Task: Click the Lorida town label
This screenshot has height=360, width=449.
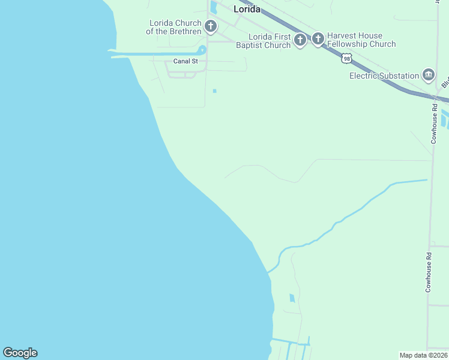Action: pos(246,9)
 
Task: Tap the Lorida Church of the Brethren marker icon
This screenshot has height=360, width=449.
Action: pos(210,26)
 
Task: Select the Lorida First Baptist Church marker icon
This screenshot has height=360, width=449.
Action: pos(300,40)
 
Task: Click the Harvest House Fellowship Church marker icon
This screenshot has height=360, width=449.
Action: pos(318,40)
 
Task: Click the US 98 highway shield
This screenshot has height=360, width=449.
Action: pos(346,58)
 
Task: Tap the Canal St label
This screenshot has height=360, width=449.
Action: pos(185,61)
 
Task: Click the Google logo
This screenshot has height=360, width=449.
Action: pos(20,353)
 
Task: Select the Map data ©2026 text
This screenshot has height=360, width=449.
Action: pos(423,355)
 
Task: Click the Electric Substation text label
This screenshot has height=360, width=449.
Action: pos(384,76)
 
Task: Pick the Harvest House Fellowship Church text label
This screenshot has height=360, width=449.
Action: pos(361,40)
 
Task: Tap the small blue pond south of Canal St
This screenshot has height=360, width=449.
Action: pos(214,91)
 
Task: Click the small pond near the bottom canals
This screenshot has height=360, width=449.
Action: pos(292,298)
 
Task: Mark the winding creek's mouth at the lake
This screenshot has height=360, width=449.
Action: pos(270,271)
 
